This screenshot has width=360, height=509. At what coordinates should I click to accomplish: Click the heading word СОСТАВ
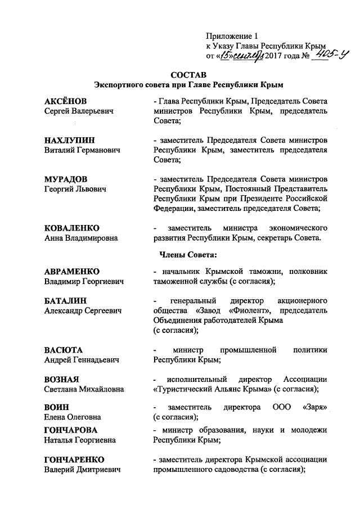tap(187, 74)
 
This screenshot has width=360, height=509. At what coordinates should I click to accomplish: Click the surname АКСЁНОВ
tap(66, 101)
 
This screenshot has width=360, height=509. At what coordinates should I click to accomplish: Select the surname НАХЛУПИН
tap(69, 140)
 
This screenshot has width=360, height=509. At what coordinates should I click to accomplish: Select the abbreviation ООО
tap(281, 407)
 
